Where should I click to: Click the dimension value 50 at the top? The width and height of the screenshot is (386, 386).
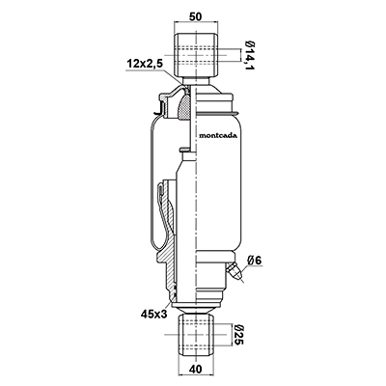click(196, 16)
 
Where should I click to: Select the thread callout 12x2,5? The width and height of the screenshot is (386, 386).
click(144, 64)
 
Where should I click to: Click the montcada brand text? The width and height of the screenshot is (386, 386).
click(218, 135)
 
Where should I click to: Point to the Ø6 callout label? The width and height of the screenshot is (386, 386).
click(255, 261)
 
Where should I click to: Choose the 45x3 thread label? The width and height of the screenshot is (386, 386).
click(154, 314)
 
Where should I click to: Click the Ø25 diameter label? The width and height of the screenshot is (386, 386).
click(238, 335)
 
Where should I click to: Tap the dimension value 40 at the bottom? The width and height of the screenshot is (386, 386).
click(196, 370)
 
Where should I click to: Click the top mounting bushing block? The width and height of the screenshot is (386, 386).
click(196, 55)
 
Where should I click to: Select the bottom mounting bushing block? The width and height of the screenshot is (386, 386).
click(196, 335)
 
